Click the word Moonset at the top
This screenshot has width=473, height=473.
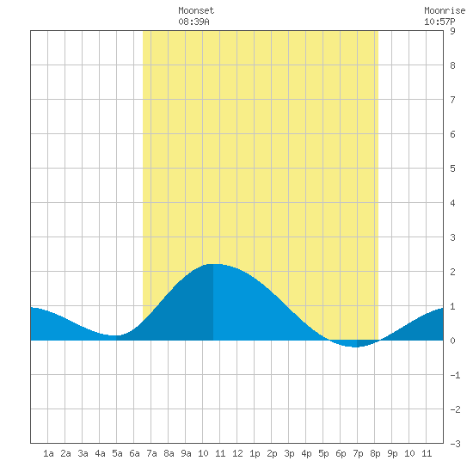point(196,10)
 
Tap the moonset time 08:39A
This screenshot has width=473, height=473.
point(193,21)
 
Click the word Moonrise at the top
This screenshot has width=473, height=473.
point(445,10)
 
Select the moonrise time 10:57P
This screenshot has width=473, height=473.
point(439,21)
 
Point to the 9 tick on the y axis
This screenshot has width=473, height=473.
point(452,31)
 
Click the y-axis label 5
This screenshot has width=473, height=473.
point(452,169)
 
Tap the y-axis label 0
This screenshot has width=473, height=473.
point(452,341)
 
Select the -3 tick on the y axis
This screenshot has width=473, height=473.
point(455,444)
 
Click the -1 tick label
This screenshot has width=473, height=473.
point(455,375)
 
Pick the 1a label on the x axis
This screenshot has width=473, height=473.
point(48,453)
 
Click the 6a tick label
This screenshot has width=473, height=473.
point(134,453)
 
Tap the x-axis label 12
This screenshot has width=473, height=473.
point(237,453)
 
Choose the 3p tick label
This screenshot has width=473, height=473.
point(289,453)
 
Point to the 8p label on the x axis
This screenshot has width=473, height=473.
point(375,453)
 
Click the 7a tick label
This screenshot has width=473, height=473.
point(151,453)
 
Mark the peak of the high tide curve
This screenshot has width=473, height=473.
point(213,264)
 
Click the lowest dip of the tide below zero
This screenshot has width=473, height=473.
point(356,347)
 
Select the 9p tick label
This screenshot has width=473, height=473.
point(392,453)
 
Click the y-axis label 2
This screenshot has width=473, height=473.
point(452,272)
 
